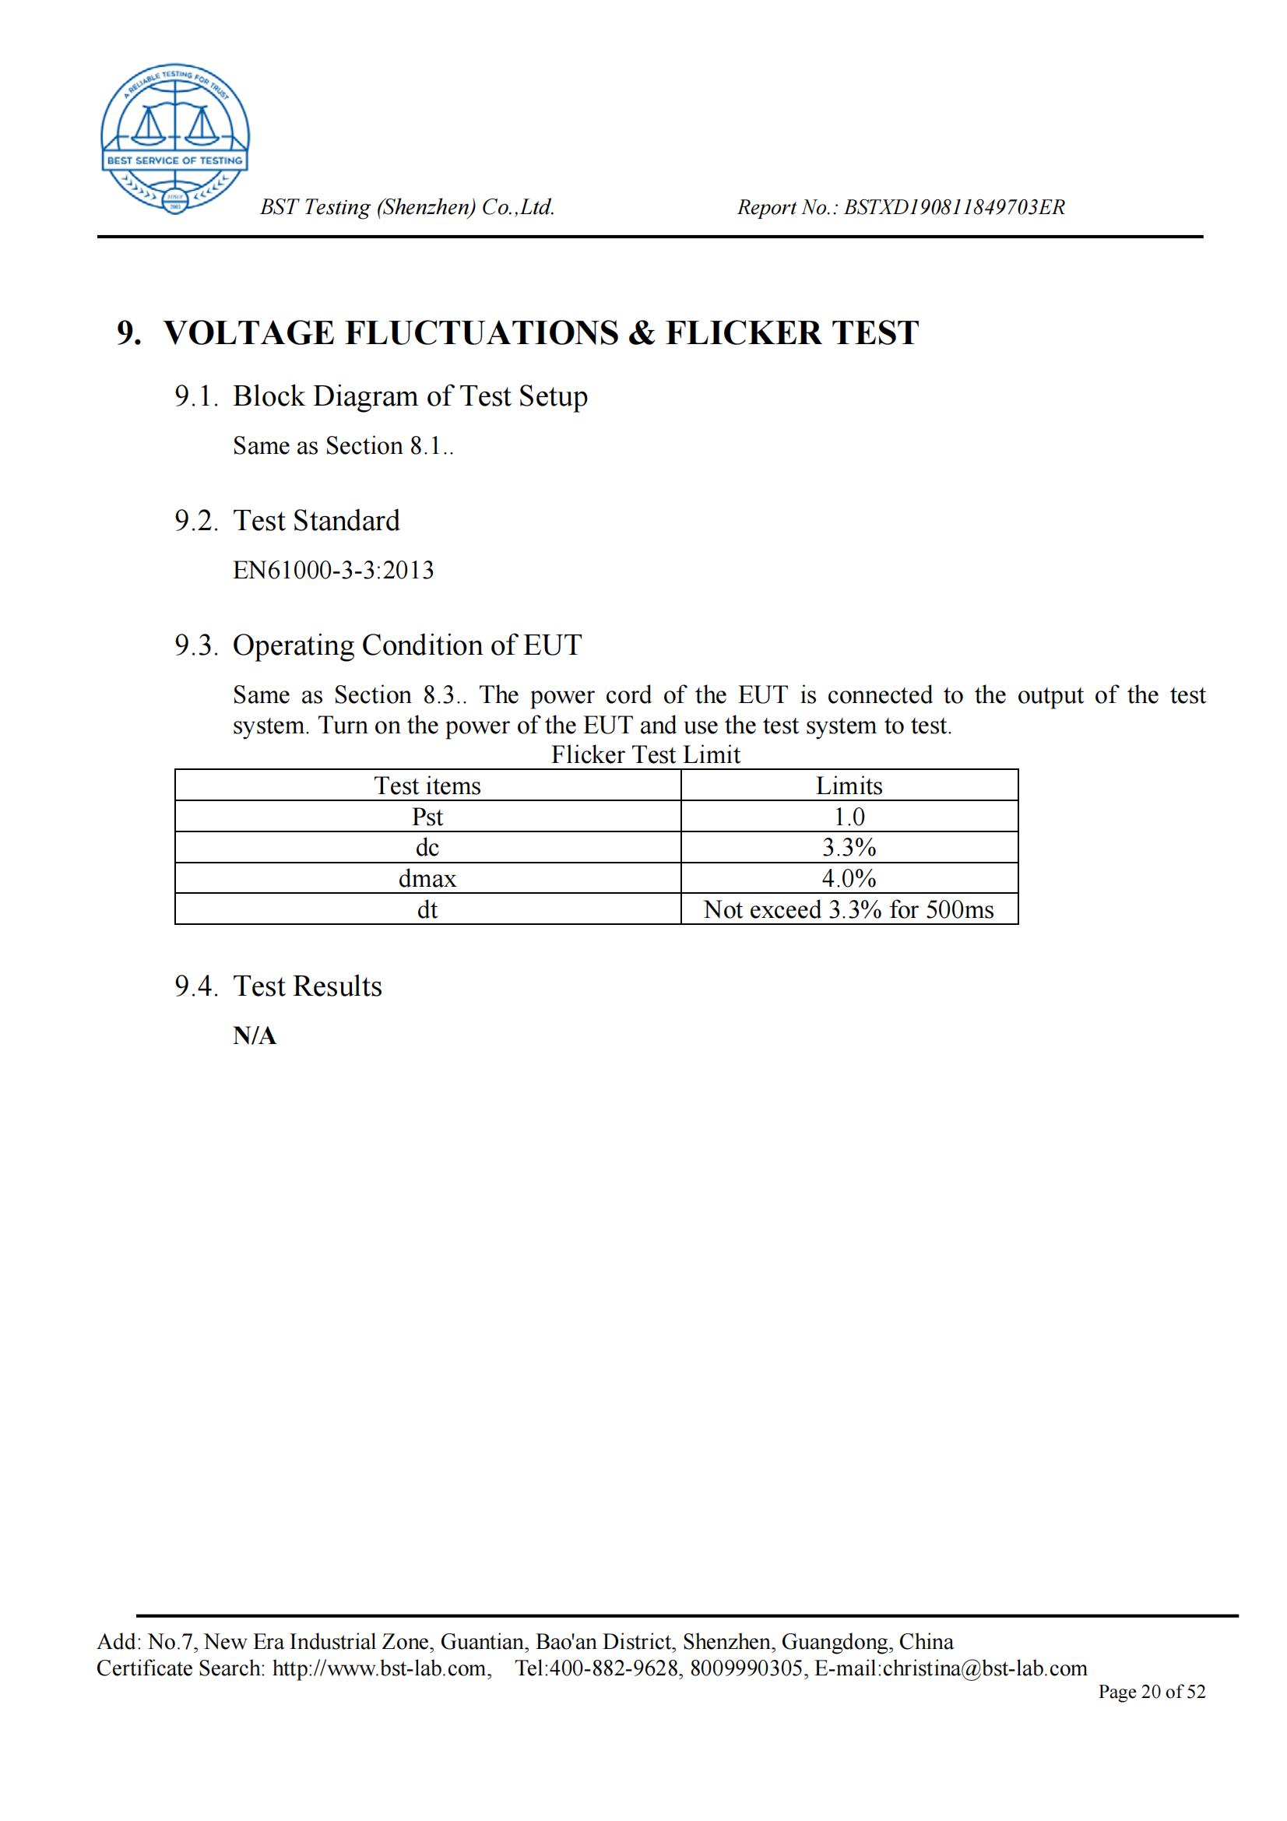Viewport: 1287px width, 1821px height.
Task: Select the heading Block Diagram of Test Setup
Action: tap(410, 396)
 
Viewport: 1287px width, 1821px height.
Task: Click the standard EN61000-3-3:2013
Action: tap(333, 570)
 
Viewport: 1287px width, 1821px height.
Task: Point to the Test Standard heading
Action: tap(315, 521)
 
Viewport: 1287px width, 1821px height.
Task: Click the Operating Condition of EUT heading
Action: tap(406, 645)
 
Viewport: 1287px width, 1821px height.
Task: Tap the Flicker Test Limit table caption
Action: tap(645, 754)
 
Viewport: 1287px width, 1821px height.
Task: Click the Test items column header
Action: tap(427, 786)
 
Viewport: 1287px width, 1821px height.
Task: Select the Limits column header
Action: tap(849, 786)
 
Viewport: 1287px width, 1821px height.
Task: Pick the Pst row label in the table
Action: tap(427, 817)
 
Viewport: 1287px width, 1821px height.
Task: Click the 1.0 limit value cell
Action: tap(849, 817)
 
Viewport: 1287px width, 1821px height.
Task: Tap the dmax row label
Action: tap(427, 879)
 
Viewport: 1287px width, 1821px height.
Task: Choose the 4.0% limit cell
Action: tap(849, 879)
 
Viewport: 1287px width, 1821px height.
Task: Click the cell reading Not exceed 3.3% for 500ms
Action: tap(849, 909)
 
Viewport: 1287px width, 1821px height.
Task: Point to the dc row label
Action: tap(427, 848)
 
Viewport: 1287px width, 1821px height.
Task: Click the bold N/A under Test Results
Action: tap(255, 1036)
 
